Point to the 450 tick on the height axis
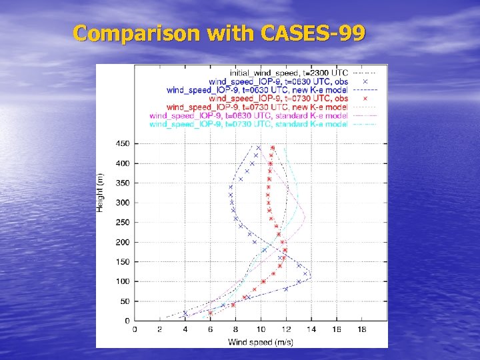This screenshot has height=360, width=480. pos(123,143)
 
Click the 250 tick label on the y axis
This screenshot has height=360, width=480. pos(123,222)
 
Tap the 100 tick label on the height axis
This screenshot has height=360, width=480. pos(123,281)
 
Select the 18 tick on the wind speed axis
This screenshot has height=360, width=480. pos(361,329)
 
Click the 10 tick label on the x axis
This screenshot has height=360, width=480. pos(261,329)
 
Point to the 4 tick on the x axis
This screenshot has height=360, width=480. pos(185,329)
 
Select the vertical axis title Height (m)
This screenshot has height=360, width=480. pos(101,193)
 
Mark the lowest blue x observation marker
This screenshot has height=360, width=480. pos(185,313)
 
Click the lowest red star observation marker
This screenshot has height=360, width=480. pos(211,313)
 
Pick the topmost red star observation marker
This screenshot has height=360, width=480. pos(273,148)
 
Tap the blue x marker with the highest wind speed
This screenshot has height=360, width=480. pos(306,273)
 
